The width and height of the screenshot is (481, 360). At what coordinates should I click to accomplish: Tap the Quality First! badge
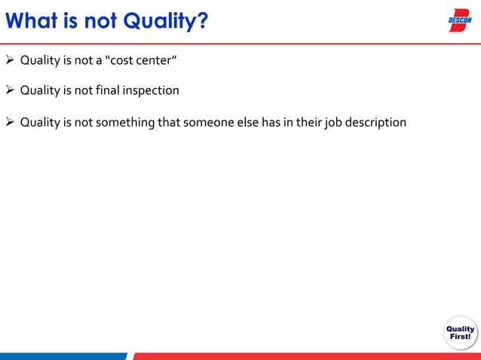(x=460, y=333)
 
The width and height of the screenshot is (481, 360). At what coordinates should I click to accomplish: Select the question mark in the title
(x=202, y=21)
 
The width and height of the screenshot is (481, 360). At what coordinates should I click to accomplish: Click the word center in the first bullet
(x=156, y=60)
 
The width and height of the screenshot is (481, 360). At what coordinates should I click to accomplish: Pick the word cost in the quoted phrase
(x=124, y=60)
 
